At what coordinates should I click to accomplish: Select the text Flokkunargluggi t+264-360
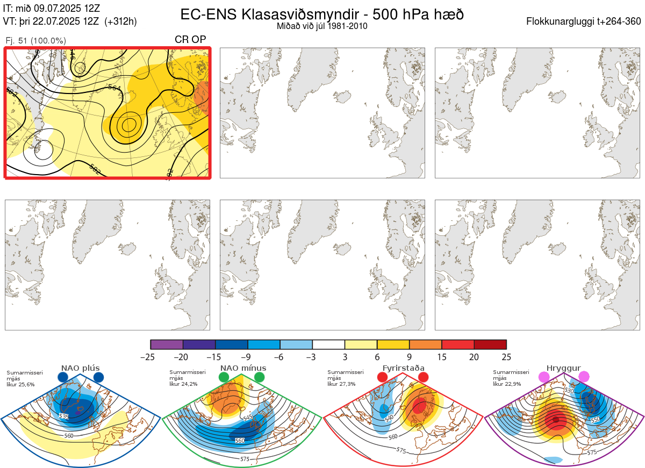(x=584, y=21)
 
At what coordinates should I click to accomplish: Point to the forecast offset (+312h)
(x=121, y=21)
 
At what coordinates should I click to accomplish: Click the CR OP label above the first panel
(x=190, y=40)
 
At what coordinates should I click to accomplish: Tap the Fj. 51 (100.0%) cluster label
(x=35, y=41)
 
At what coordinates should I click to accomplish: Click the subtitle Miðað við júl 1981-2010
(x=322, y=26)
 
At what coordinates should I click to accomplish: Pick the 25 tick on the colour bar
(x=506, y=357)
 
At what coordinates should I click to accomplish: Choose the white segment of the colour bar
(x=328, y=345)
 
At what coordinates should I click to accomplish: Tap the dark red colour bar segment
(x=490, y=345)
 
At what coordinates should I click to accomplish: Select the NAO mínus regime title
(x=242, y=368)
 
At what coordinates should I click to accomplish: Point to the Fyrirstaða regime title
(x=403, y=368)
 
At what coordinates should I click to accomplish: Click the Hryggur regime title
(x=564, y=368)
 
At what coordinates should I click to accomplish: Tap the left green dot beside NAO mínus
(x=224, y=377)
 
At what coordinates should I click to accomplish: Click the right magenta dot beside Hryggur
(x=584, y=377)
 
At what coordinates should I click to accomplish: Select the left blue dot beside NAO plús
(x=63, y=377)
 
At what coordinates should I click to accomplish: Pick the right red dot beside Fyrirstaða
(x=423, y=377)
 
